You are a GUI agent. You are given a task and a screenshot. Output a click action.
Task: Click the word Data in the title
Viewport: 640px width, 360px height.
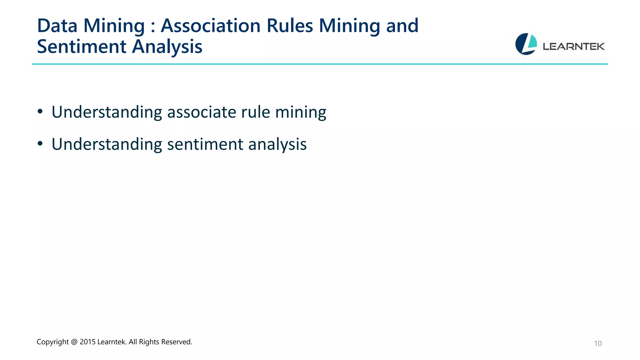tap(57, 26)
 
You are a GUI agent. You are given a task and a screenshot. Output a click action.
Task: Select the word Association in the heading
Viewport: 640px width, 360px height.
tap(210, 26)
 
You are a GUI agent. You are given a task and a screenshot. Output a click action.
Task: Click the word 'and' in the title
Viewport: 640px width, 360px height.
tap(402, 26)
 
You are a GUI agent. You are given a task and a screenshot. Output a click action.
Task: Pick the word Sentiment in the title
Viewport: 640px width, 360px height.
tap(82, 47)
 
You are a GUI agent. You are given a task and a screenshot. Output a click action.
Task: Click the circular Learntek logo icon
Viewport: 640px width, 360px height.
tap(526, 44)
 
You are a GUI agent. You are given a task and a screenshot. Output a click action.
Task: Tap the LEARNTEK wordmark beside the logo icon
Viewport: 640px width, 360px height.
tap(574, 47)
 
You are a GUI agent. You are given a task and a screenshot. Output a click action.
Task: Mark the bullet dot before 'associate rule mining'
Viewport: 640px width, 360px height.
tap(40, 112)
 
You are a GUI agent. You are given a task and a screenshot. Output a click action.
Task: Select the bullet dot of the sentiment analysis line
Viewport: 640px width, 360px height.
tap(40, 144)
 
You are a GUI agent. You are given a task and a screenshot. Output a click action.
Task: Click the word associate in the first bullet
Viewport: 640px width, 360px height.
tap(202, 112)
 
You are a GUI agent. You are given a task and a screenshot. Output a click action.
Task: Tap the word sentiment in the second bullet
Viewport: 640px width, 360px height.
tap(205, 144)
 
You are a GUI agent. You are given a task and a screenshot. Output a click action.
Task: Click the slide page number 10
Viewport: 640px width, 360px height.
tap(597, 343)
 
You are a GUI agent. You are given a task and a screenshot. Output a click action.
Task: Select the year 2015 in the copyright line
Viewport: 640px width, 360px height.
tap(87, 342)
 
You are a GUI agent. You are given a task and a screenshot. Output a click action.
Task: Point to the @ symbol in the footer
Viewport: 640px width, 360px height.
tap(74, 342)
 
